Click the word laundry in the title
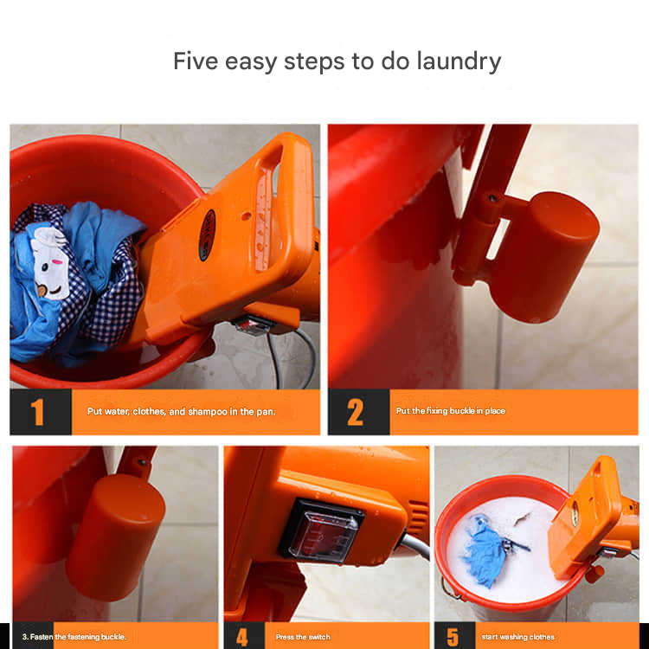tap(459, 61)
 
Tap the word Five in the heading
tap(196, 61)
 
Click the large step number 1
tap(38, 412)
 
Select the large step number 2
tap(355, 412)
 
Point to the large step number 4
tap(242, 637)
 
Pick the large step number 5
tap(453, 637)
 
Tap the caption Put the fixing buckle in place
tap(451, 411)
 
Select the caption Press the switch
tap(303, 637)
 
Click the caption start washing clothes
tap(517, 637)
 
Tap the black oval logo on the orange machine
tap(207, 235)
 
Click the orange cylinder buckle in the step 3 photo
tap(116, 536)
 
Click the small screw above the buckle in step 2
tap(492, 198)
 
